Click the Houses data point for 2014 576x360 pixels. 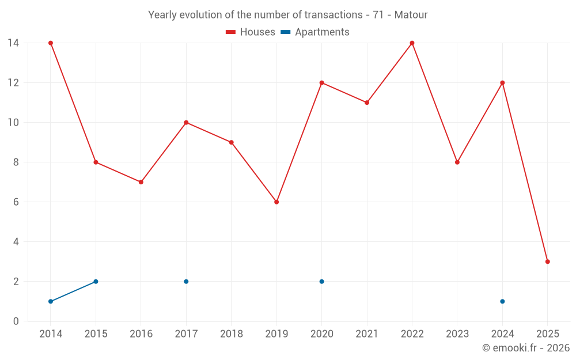(51, 43)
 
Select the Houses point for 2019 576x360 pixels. (276, 202)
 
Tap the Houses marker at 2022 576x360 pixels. (412, 43)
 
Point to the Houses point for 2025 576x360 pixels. (547, 262)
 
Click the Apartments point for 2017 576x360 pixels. (186, 282)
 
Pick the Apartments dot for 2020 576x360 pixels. (321, 282)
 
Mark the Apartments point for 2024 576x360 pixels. (502, 301)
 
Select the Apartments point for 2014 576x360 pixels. (51, 301)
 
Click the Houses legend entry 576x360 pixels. (251, 32)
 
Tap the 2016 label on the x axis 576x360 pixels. (141, 334)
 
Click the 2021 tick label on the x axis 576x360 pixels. (367, 334)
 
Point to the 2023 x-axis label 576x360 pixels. (457, 334)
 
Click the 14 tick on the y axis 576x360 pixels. (13, 43)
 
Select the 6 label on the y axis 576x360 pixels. (16, 202)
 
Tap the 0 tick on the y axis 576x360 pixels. (16, 321)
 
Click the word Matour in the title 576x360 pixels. (411, 15)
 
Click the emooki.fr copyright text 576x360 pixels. (525, 348)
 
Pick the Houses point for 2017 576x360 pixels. (186, 123)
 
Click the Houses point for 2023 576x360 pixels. (457, 162)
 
